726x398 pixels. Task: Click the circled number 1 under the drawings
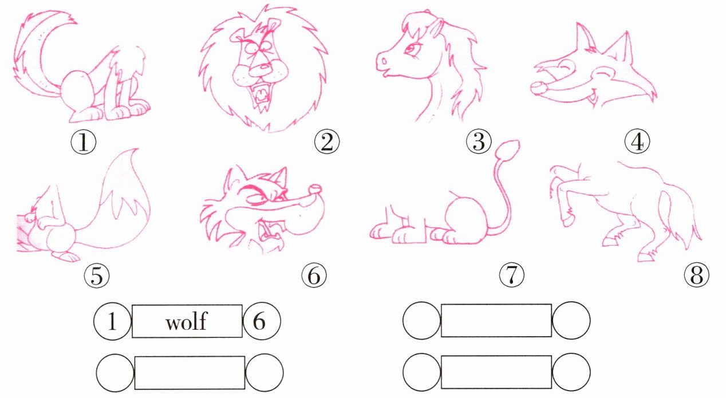point(84,142)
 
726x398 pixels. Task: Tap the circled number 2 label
point(327,141)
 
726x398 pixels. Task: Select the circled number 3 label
point(479,141)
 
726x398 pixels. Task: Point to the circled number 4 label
point(637,141)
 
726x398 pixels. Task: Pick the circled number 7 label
point(511,275)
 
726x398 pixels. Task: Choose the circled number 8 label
point(696,275)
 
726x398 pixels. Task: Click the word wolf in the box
point(186,322)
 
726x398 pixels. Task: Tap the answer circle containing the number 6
point(262,321)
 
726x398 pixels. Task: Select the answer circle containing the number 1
point(112,321)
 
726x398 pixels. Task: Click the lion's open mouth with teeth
point(261,94)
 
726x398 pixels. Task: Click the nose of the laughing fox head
point(539,88)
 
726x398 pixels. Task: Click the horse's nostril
point(384,61)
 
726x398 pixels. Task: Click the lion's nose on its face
point(263,68)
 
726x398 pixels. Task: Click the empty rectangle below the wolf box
point(190,373)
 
